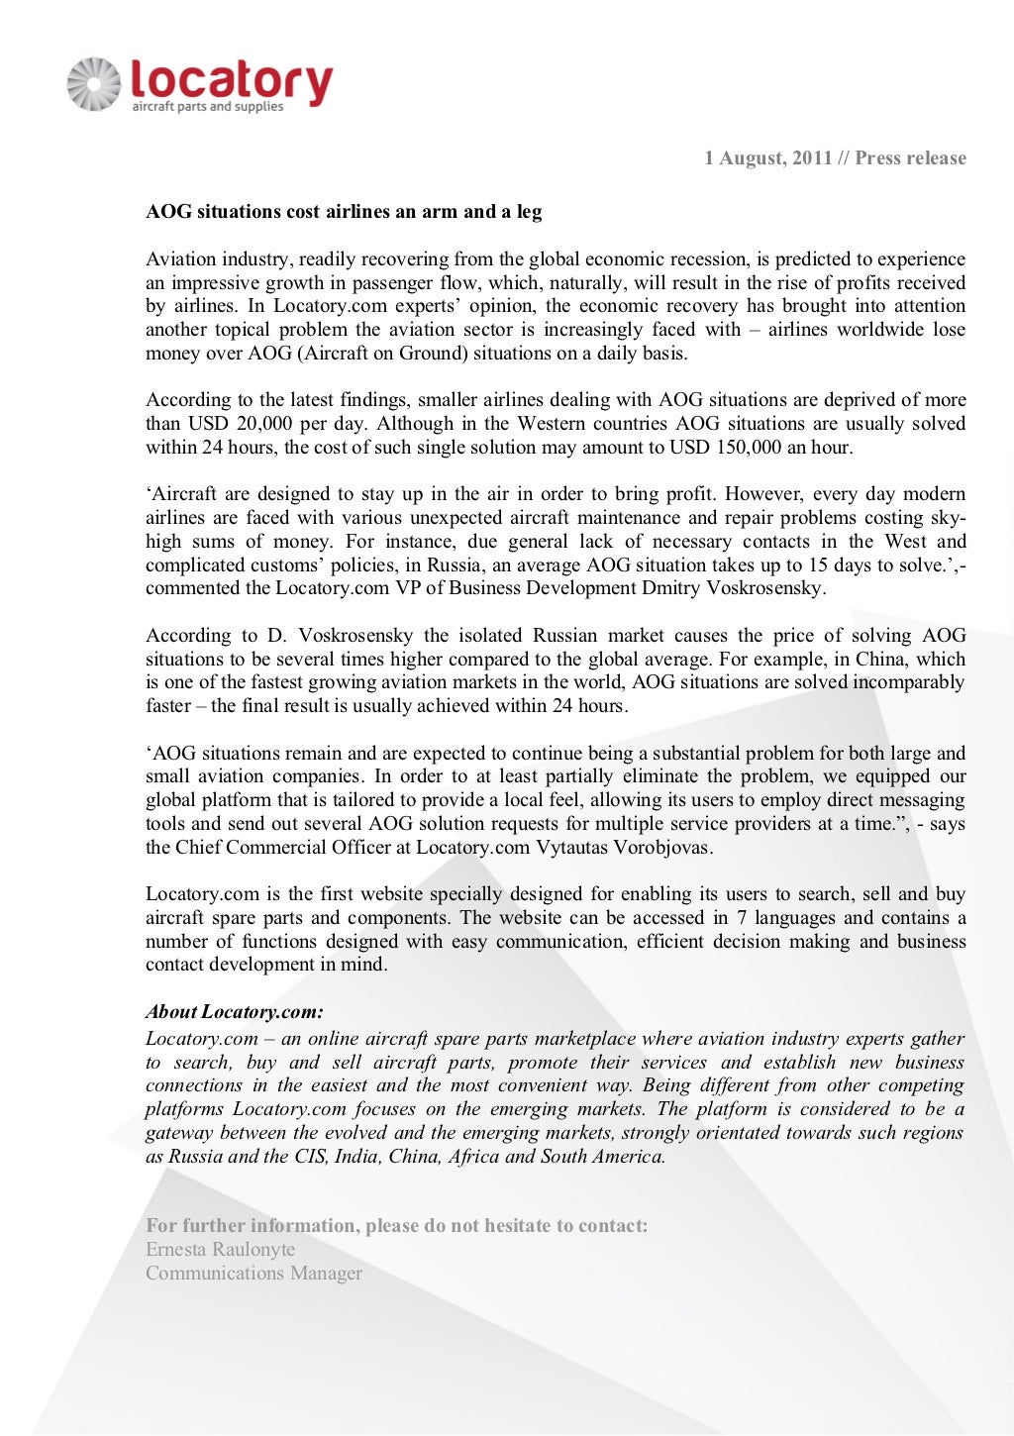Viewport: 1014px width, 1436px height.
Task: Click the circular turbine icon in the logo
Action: pos(94,84)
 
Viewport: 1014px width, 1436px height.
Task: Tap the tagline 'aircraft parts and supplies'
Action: pos(208,107)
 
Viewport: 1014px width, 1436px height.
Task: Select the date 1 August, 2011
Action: pos(767,158)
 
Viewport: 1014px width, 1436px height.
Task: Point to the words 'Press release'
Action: pos(910,158)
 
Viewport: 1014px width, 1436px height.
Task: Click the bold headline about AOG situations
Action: pos(344,212)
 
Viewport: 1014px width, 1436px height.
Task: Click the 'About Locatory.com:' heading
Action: pos(235,1012)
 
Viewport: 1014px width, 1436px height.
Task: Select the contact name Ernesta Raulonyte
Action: pos(220,1250)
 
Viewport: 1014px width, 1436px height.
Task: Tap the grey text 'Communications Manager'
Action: pos(253,1274)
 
